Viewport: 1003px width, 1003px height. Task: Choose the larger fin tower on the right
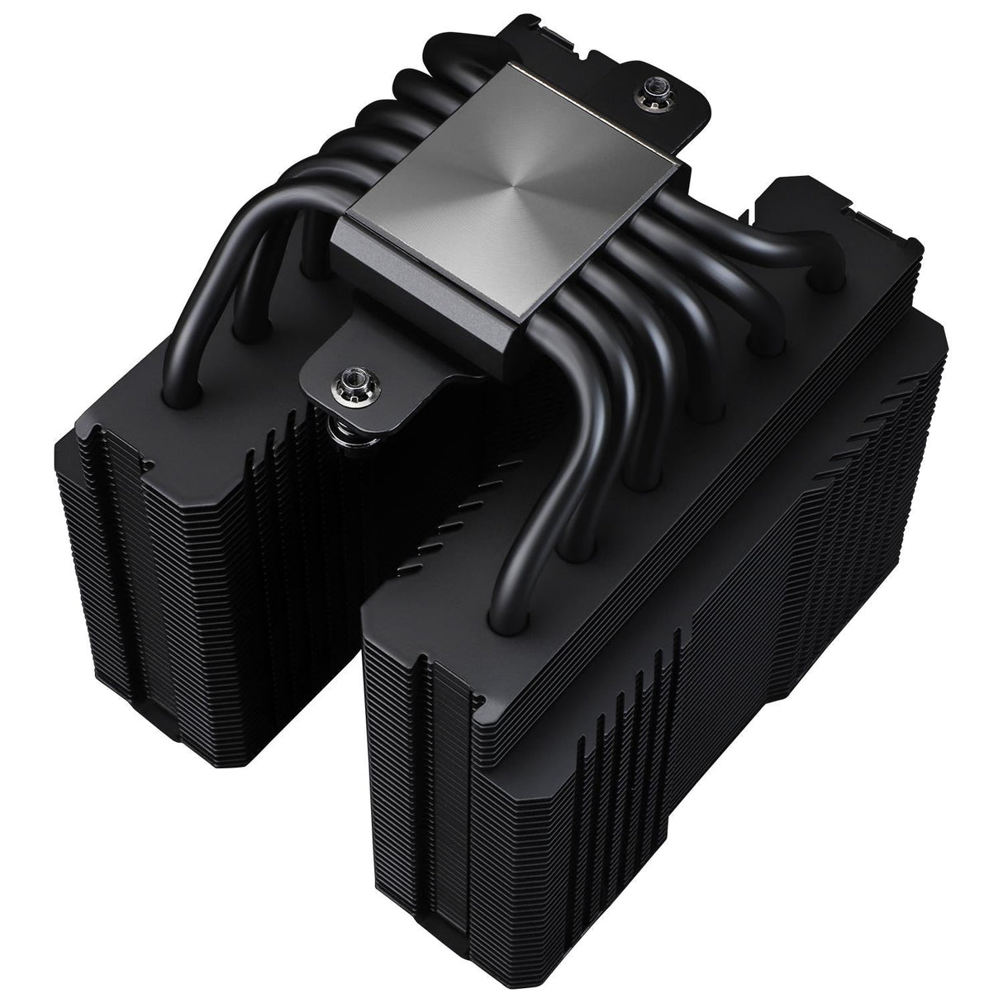click(x=661, y=661)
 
